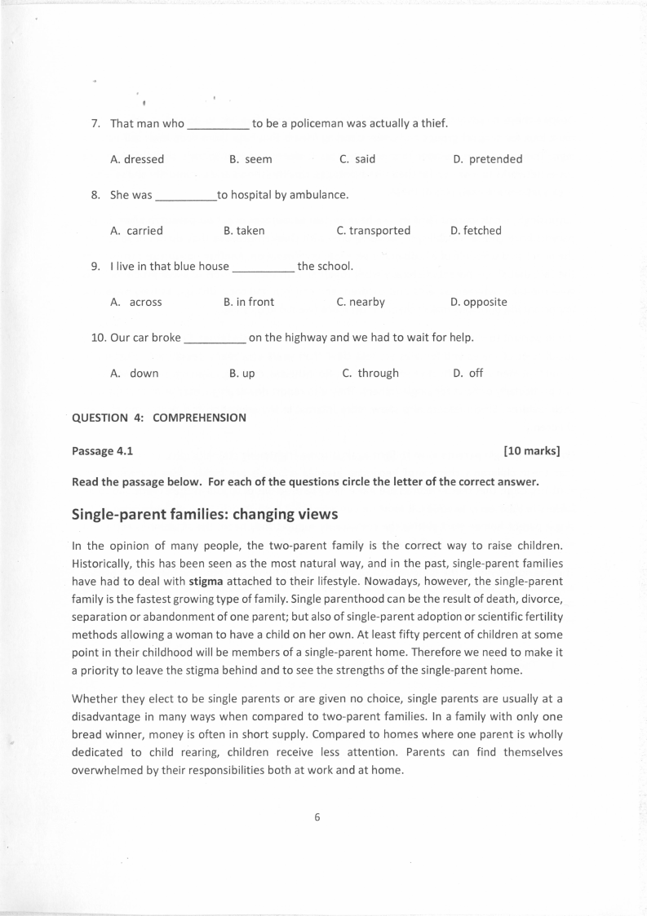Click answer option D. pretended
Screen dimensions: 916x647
click(x=487, y=159)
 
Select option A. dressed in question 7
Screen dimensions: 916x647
click(x=137, y=159)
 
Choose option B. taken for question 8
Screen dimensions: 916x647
click(x=244, y=231)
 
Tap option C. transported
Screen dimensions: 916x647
click(x=373, y=231)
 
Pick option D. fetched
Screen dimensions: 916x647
click(x=476, y=231)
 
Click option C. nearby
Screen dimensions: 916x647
click(x=360, y=302)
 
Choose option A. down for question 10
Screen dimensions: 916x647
click(x=135, y=374)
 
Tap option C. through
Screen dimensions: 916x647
click(x=370, y=374)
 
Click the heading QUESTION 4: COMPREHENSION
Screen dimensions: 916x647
click(x=159, y=418)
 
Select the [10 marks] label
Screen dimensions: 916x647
click(x=532, y=450)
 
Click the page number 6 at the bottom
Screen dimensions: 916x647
click(x=317, y=819)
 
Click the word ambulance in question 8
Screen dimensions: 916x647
click(x=317, y=195)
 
